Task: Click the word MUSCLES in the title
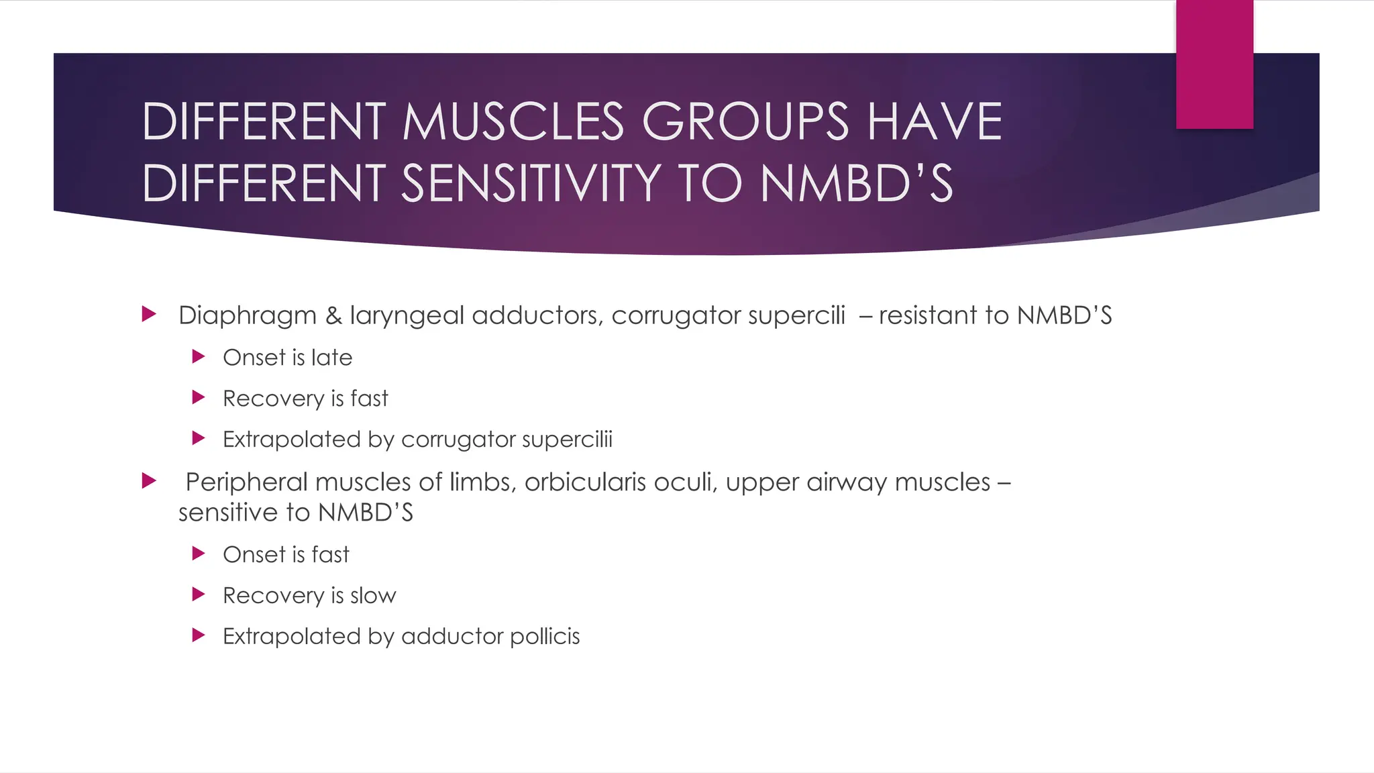[x=513, y=122]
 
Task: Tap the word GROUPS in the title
[x=745, y=122]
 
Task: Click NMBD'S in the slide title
[x=856, y=184]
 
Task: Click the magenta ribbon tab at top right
[x=1214, y=64]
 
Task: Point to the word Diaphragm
[x=247, y=315]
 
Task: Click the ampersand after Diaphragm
[x=333, y=315]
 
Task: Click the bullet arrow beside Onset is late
[x=198, y=356]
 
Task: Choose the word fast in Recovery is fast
[x=369, y=399]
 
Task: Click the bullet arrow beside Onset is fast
[x=198, y=554]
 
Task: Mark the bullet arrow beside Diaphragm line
[x=149, y=313]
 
